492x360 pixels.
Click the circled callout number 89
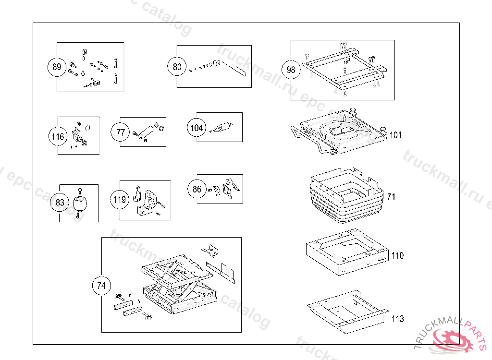coord(57,67)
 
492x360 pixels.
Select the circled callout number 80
coord(177,67)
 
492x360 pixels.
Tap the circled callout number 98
coord(291,70)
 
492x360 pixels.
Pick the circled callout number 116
coord(58,137)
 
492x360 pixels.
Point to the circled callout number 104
coord(197,128)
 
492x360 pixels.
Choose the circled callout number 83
coord(60,203)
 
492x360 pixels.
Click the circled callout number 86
coord(197,189)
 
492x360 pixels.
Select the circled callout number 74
coord(101,286)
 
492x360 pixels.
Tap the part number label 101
coord(395,135)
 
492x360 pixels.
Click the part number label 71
coord(391,197)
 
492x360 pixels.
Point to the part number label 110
coord(397,256)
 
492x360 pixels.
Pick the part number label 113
coord(397,319)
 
